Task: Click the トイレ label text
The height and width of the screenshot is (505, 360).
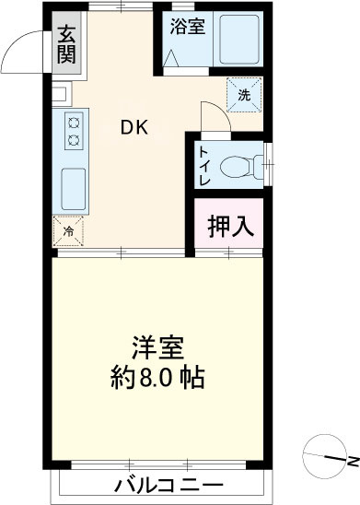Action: click(x=204, y=166)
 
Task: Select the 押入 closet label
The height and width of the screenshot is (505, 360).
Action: click(x=228, y=226)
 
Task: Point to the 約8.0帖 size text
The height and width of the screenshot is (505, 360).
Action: click(x=157, y=377)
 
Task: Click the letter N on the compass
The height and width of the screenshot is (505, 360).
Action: click(x=352, y=458)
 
